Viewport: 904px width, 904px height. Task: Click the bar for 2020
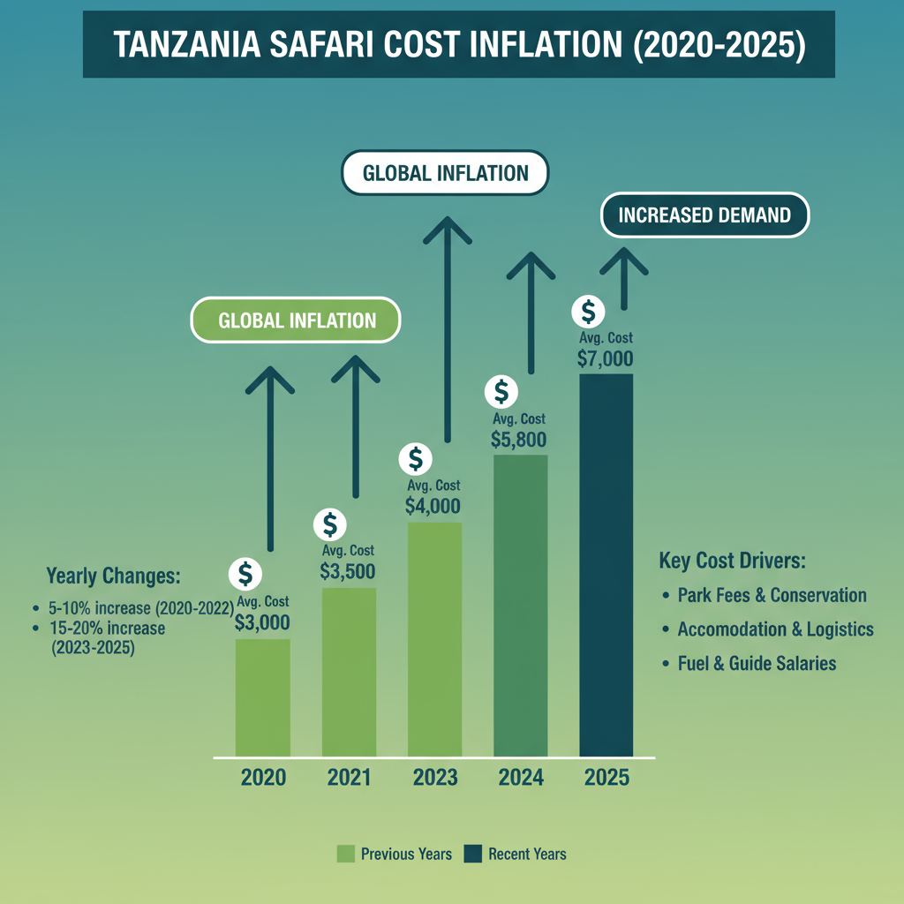click(x=262, y=697)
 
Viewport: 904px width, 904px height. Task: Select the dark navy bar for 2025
click(x=606, y=565)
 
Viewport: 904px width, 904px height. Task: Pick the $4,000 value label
click(x=433, y=506)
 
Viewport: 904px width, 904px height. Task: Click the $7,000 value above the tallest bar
click(x=606, y=358)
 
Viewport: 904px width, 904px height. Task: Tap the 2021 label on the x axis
click(x=349, y=778)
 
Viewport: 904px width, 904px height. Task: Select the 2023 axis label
click(x=434, y=778)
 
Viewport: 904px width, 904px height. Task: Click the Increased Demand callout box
click(x=704, y=215)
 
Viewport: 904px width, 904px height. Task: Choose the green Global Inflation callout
click(x=297, y=320)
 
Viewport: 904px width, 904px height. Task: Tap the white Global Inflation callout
click(x=445, y=172)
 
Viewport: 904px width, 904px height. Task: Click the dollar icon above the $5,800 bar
click(x=501, y=390)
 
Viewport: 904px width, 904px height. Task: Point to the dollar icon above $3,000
click(x=245, y=574)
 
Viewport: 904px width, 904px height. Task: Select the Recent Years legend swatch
click(x=473, y=854)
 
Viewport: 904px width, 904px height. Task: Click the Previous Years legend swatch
click(x=346, y=854)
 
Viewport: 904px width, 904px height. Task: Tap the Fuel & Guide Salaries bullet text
click(x=756, y=663)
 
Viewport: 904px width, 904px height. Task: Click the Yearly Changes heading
click(x=113, y=576)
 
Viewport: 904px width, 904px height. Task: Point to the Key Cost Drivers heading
click(x=733, y=561)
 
